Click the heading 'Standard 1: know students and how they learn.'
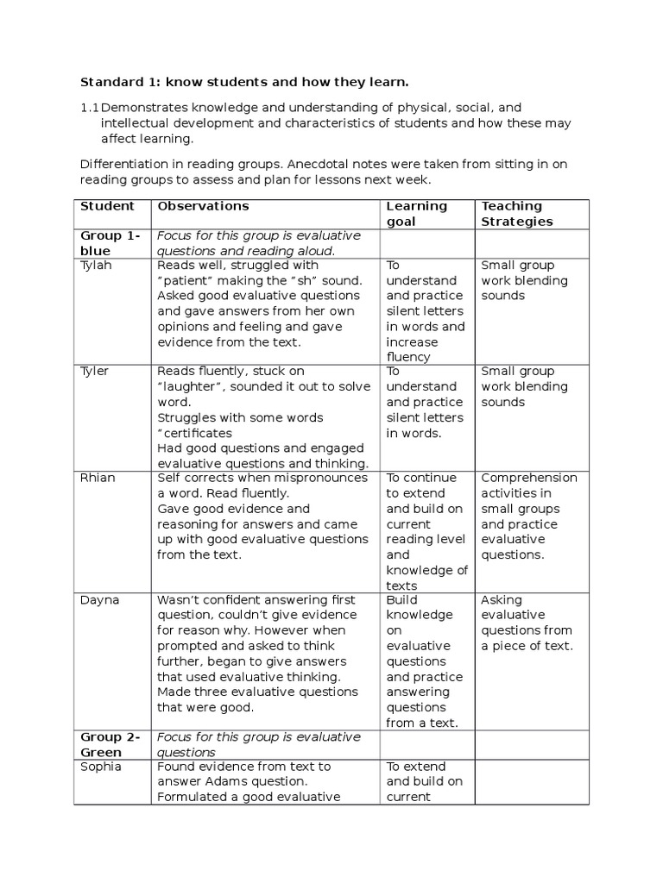[x=244, y=82]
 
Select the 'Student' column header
[x=107, y=206]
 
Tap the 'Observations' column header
[x=202, y=206]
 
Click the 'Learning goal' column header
[x=416, y=214]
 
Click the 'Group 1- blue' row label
[x=110, y=243]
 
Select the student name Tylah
[x=97, y=266]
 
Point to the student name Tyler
[x=96, y=372]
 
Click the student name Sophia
[x=101, y=767]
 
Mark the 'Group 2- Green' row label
[x=110, y=744]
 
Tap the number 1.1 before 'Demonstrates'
[x=89, y=108]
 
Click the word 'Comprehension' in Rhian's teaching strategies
[x=529, y=478]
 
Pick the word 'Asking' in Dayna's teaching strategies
[x=502, y=600]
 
